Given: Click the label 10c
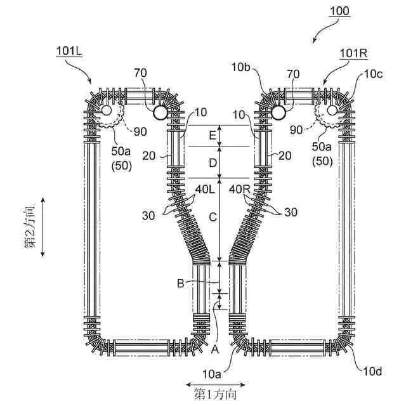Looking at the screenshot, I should (x=373, y=74).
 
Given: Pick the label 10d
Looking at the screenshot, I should (x=371, y=371).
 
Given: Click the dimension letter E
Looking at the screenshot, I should (x=213, y=135).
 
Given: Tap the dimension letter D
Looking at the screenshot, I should (x=213, y=163).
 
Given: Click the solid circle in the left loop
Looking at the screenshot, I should (x=159, y=112).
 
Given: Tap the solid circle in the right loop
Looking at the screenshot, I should (x=278, y=112).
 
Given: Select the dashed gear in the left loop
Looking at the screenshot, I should (x=111, y=114).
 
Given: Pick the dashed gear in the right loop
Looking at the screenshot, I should (x=329, y=114).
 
